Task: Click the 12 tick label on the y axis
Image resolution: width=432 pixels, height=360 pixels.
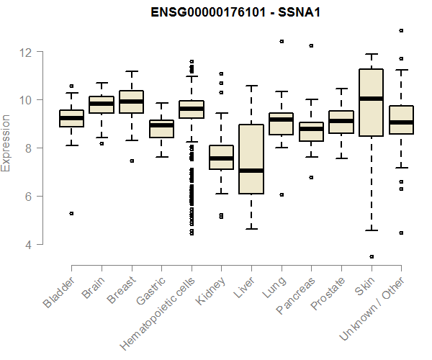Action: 26,52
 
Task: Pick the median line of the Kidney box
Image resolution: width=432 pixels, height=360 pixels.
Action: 221,158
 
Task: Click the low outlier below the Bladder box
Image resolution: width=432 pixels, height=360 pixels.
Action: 71,213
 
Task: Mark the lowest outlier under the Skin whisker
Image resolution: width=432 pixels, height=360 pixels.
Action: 371,256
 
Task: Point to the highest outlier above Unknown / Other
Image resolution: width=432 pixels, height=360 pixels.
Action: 401,30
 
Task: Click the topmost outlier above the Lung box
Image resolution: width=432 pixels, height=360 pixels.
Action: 282,41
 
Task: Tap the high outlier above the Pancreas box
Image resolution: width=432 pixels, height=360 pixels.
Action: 311,45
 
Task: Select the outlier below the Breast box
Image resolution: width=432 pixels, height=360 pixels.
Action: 131,161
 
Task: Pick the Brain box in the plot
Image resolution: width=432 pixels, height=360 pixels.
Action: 102,104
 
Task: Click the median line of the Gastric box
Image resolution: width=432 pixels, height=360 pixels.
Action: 161,125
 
